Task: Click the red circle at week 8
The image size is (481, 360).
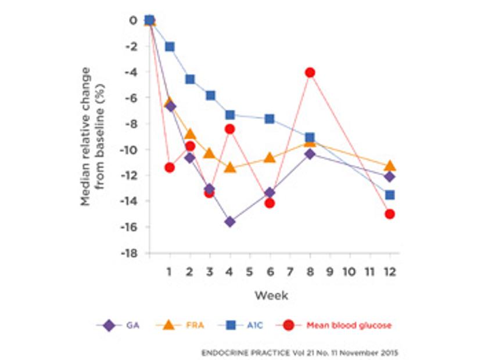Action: tap(310, 73)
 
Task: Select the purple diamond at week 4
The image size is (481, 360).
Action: tap(230, 221)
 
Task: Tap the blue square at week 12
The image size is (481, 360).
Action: tap(390, 195)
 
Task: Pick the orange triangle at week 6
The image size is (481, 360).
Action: tap(270, 157)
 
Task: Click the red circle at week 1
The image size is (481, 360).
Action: tap(170, 167)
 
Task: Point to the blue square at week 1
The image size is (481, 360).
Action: tap(170, 46)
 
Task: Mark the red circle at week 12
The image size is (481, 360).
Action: tap(390, 214)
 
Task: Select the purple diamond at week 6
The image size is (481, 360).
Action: tap(270, 193)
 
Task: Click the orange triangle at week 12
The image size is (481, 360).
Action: tap(390, 166)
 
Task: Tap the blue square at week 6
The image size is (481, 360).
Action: tap(270, 118)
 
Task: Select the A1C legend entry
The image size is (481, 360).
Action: tap(240, 326)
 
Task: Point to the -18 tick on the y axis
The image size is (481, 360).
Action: tap(129, 254)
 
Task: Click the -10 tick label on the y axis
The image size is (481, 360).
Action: tap(129, 150)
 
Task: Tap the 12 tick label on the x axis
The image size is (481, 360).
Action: tap(390, 272)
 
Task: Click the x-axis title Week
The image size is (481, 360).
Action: tap(271, 295)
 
